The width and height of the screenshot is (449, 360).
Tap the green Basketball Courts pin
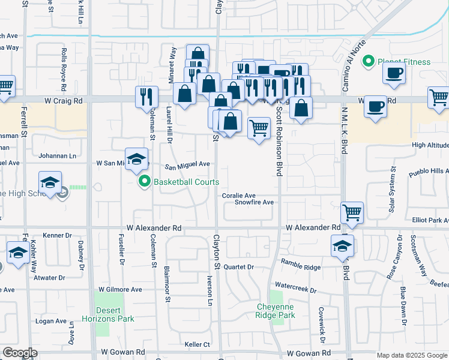coord(144,181)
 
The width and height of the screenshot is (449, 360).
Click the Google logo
coord(20,353)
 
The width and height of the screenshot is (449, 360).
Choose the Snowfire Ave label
coord(254,203)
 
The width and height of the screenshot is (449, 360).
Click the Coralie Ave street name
coord(238,196)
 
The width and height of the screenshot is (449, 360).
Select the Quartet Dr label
coord(242,267)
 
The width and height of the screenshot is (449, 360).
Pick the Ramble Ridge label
coord(304,267)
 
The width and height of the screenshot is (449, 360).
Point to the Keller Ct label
coord(197,344)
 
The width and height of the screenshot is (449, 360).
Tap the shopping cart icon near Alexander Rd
coord(352,212)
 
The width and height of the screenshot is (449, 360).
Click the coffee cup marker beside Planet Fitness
coord(394,73)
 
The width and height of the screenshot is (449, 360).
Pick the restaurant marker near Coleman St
coord(146,97)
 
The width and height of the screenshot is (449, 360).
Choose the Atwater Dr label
coord(50,278)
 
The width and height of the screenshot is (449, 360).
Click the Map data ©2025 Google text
coord(412,355)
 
